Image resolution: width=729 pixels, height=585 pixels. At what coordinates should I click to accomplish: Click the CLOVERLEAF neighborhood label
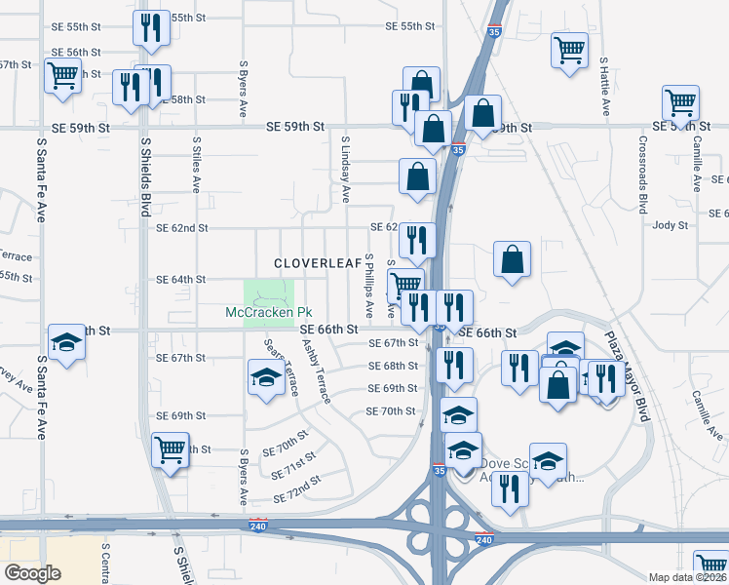312,263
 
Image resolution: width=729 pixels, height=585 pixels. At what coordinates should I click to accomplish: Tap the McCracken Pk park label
268,312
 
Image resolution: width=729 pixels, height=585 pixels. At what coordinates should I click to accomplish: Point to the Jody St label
671,225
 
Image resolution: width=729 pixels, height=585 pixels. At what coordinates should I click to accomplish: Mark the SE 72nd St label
297,490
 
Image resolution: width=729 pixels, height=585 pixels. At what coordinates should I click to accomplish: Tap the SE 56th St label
76,52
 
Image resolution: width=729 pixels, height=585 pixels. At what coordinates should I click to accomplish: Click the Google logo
33,572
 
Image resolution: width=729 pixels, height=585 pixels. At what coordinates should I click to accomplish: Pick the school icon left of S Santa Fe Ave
66,342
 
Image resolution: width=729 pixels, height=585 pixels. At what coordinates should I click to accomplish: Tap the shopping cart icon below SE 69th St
171,449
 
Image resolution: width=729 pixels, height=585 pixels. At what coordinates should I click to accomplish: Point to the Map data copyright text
688,577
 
